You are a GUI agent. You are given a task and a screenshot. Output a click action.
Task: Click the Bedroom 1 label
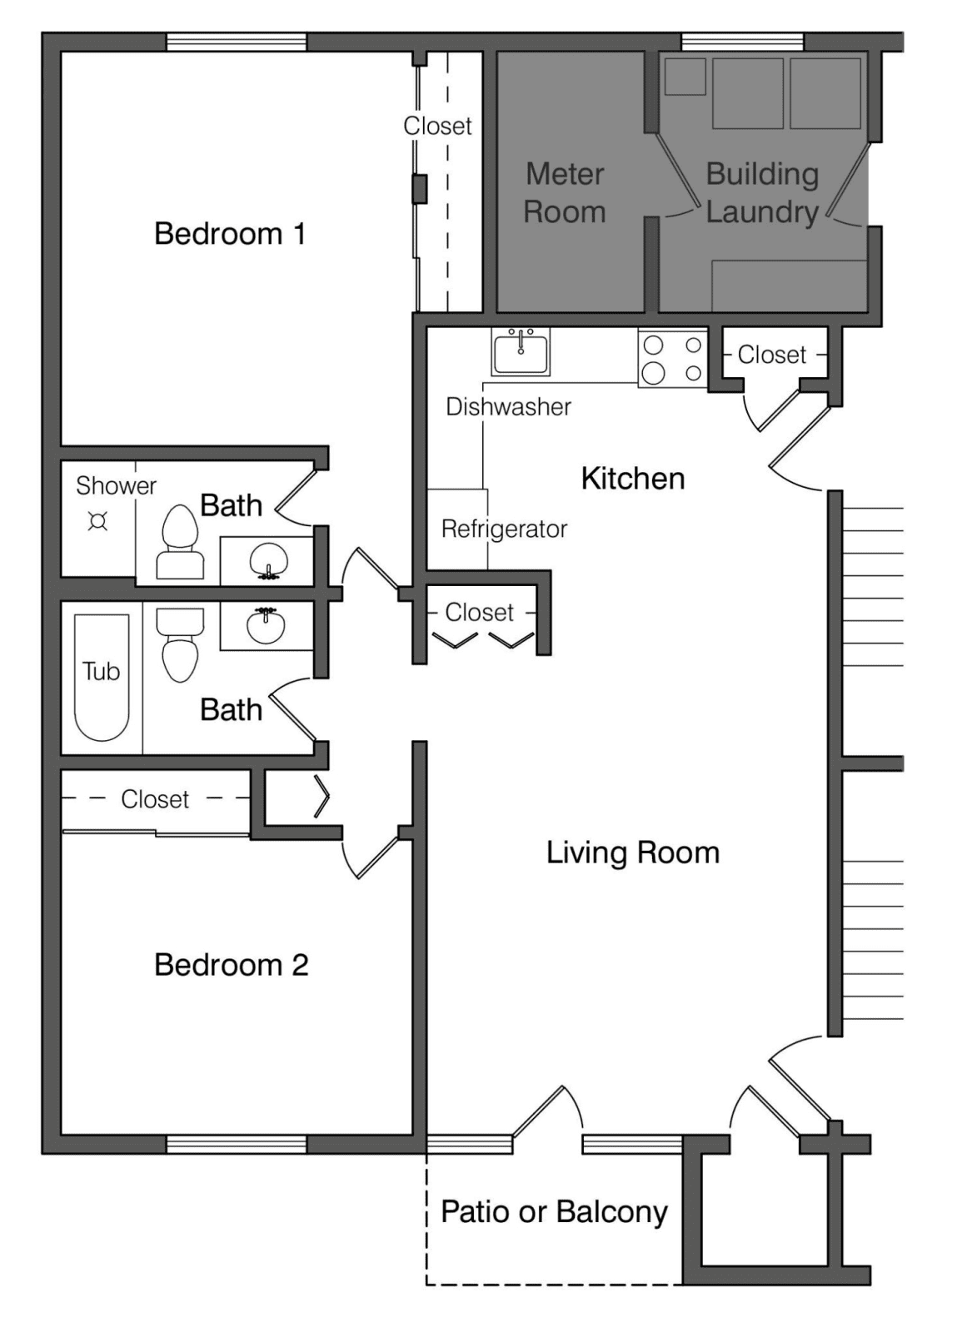pyautogui.click(x=230, y=234)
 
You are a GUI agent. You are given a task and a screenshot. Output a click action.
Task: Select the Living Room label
pyautogui.click(x=633, y=853)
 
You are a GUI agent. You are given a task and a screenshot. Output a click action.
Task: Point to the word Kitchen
pyautogui.click(x=633, y=479)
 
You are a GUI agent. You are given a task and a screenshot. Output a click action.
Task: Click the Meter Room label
pyautogui.click(x=565, y=192)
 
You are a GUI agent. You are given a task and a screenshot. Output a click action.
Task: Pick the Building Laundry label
pyautogui.click(x=762, y=192)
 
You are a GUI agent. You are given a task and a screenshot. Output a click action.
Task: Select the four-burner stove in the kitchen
pyautogui.click(x=673, y=359)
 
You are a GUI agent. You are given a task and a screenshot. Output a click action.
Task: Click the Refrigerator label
pyautogui.click(x=505, y=529)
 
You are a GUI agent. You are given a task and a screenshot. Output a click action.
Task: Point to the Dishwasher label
pyautogui.click(x=509, y=407)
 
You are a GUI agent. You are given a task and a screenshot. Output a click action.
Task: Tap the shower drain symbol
pyautogui.click(x=97, y=521)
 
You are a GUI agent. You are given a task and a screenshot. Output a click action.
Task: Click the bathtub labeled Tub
pyautogui.click(x=102, y=678)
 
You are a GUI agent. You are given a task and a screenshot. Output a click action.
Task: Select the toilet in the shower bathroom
pyautogui.click(x=180, y=542)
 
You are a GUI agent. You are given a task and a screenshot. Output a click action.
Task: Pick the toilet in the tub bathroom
pyautogui.click(x=180, y=645)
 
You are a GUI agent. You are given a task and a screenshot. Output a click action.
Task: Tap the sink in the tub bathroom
pyautogui.click(x=266, y=625)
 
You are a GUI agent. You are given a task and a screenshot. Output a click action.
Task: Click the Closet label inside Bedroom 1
pyautogui.click(x=437, y=126)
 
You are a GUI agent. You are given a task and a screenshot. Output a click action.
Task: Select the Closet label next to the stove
pyautogui.click(x=771, y=355)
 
